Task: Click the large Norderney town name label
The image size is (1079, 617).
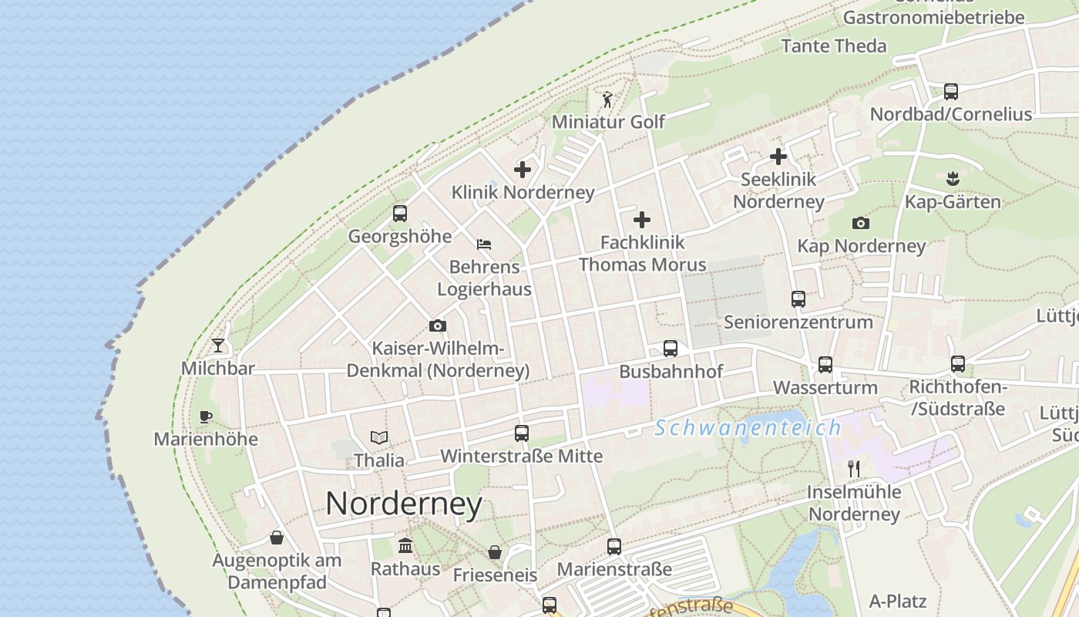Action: tap(404, 504)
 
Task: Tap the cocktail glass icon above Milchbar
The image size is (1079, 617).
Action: tap(218, 345)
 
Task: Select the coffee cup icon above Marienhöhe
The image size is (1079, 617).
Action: tap(205, 416)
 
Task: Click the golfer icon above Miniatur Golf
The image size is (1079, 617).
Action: tap(607, 99)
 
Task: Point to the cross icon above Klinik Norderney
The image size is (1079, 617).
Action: tap(523, 169)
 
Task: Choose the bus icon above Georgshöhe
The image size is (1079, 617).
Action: tap(399, 214)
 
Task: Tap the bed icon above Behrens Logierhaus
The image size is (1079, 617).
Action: tap(484, 244)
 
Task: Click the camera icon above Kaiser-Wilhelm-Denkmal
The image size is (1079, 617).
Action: tap(438, 325)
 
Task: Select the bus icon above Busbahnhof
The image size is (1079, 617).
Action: tap(671, 349)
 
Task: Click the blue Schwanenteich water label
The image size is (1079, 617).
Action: tap(748, 428)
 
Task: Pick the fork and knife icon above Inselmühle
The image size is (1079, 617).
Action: tap(853, 469)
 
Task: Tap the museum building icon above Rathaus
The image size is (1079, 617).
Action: tap(405, 546)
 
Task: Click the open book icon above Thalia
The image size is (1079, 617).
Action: tap(378, 437)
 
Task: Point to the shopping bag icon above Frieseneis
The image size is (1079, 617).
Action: tap(495, 552)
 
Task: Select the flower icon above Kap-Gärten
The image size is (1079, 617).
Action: tap(953, 179)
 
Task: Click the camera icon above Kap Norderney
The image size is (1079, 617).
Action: tap(861, 223)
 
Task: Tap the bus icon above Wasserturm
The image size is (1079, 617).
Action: tap(825, 364)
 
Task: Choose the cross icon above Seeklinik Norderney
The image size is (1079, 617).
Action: tap(778, 157)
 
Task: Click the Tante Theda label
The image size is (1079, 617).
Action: tap(834, 46)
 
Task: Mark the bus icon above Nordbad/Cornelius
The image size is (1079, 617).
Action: tap(951, 91)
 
